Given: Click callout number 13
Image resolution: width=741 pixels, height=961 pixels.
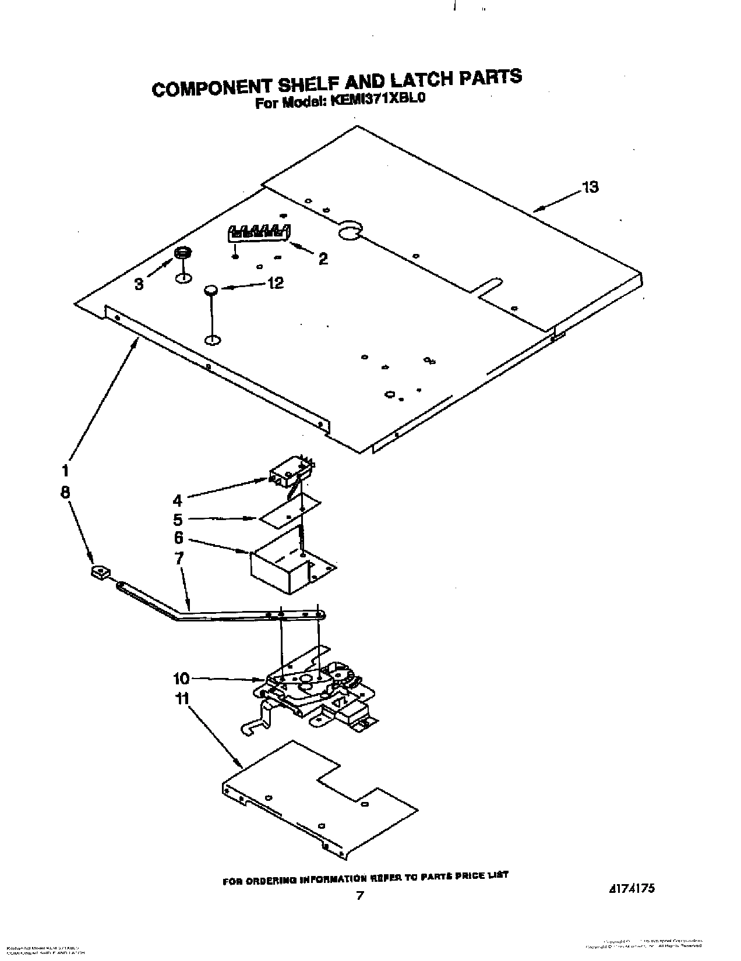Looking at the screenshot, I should pos(590,188).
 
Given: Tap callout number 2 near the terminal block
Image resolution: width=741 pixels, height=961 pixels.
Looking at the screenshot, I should pos(322,259).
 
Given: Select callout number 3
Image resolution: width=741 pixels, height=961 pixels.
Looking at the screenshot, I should pos(139,284).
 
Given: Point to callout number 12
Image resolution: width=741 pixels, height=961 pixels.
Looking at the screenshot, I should pos(275,283).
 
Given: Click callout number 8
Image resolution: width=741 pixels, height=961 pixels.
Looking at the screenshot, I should pos(65,492).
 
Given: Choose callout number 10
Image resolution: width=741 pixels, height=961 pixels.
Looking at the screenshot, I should pos(181,679).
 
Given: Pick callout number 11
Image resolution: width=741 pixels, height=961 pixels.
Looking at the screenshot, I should pos(183,698).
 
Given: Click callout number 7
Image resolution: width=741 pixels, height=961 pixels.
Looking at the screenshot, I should pos(179,558).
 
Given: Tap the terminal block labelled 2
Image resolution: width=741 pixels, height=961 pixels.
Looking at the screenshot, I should pos(258,233).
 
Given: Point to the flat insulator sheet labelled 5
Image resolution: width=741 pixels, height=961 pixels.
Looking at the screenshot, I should pos(290,510).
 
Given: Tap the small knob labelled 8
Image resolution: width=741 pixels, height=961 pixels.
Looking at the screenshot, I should pos(100,573).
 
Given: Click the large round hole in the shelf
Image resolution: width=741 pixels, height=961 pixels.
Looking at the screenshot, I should pos(350,232).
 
